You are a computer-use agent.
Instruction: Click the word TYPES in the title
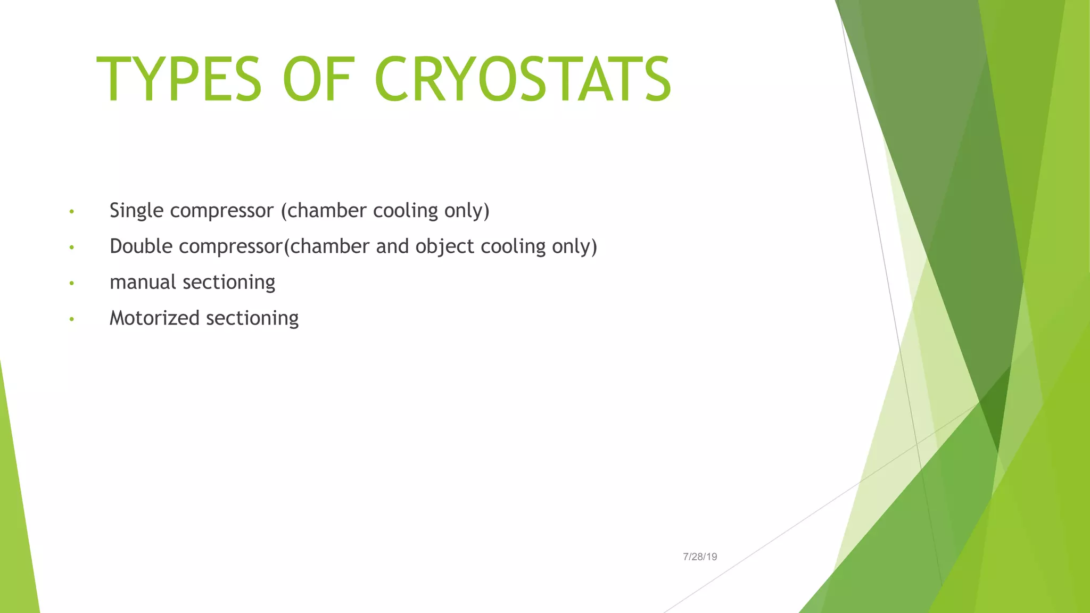(179, 80)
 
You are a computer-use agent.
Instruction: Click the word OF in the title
(318, 80)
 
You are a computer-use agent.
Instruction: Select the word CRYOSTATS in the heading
(523, 80)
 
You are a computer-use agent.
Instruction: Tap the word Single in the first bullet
(136, 211)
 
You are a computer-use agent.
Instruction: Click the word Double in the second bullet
(141, 246)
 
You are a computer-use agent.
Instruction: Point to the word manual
(143, 282)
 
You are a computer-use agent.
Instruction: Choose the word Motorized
(154, 318)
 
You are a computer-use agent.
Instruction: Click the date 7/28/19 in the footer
(700, 557)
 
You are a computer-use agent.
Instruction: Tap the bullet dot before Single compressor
(71, 212)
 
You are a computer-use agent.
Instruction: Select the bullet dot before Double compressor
(71, 248)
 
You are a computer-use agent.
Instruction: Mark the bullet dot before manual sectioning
(71, 284)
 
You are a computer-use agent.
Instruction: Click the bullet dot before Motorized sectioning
(71, 320)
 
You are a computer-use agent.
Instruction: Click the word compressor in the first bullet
(221, 211)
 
